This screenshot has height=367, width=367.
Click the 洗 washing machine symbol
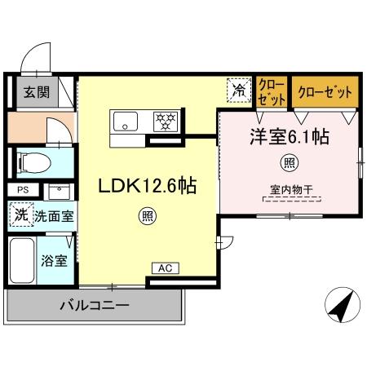coord(20,216)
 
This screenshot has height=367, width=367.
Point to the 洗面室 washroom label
coord(55,217)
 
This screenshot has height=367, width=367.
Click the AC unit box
coord(164,268)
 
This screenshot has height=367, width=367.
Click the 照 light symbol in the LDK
coord(147,217)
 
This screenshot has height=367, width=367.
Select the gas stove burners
coord(166,122)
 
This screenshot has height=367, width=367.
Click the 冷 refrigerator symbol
coord(238,91)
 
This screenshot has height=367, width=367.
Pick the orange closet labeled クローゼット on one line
coord(325,91)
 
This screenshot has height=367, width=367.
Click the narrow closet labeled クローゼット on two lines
coord(272,91)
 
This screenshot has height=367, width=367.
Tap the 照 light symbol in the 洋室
coord(289,163)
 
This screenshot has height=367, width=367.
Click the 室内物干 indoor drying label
coord(290,192)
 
